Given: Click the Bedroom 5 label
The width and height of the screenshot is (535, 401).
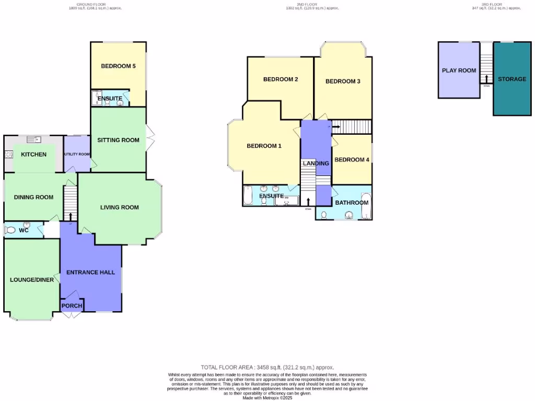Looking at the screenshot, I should [118, 66].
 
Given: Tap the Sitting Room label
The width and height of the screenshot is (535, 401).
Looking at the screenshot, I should [118, 140].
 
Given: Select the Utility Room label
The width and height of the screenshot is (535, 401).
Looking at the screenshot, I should [77, 155].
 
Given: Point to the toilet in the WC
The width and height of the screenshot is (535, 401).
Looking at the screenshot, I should [10, 230].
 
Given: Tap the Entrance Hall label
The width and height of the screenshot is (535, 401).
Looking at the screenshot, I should [90, 272].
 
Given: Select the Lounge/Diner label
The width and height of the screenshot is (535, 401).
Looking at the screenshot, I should [32, 280].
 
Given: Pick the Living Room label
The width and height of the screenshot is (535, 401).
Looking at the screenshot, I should [120, 207].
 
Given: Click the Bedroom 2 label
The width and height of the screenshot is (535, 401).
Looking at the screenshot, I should [281, 79].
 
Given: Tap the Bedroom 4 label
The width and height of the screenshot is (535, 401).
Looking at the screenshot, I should [352, 160].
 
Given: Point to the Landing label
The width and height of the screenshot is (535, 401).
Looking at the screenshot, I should [316, 163].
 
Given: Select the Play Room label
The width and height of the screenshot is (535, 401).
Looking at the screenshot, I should [459, 70].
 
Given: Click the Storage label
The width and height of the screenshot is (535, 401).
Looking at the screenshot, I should [511, 79].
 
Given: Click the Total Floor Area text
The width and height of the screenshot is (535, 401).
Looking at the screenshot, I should [267, 368].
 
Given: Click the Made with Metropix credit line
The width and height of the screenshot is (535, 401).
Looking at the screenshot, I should [267, 398].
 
